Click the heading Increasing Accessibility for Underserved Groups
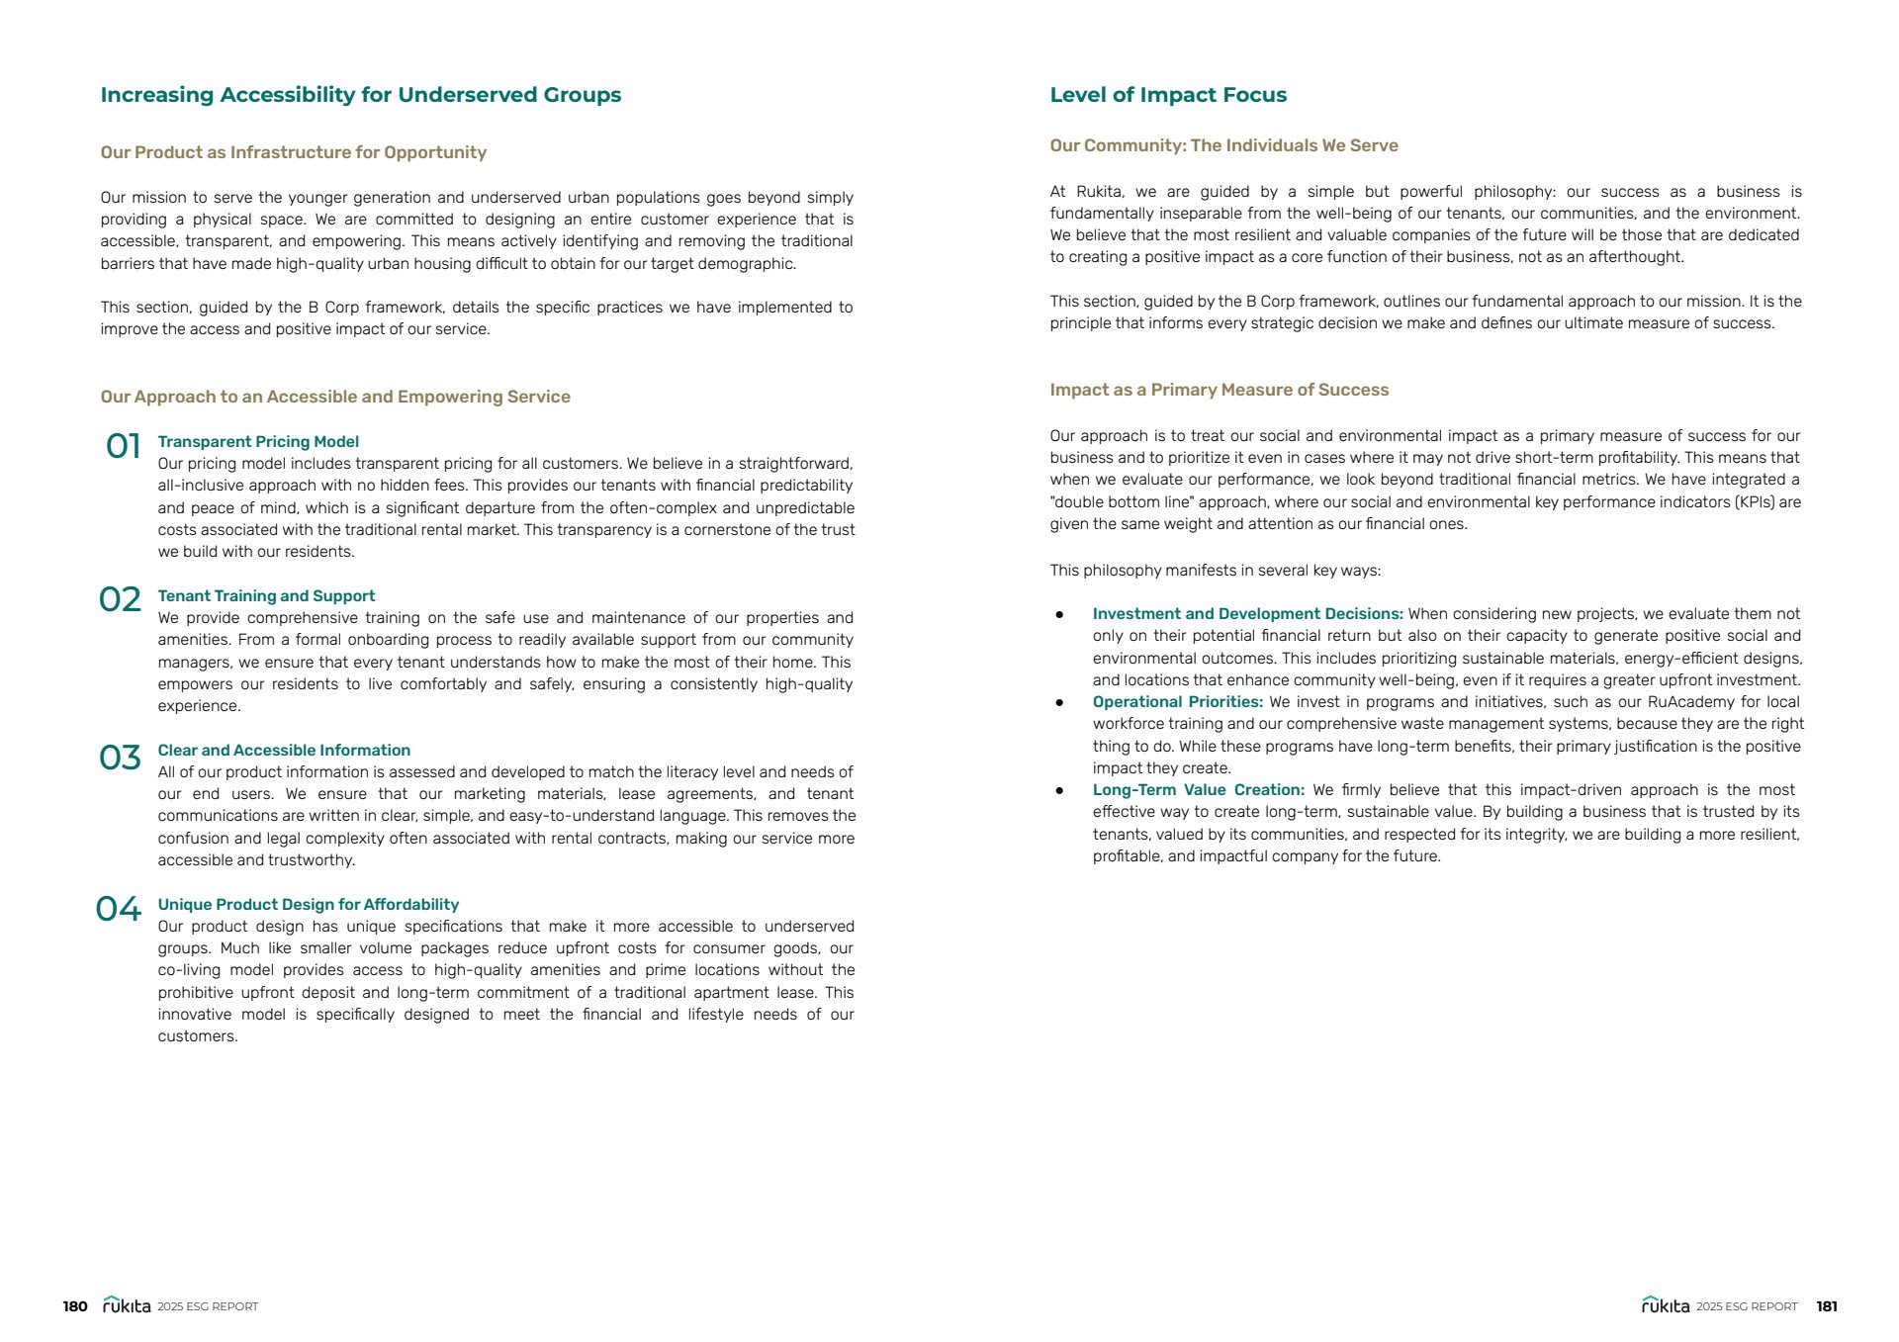pyautogui.click(x=361, y=95)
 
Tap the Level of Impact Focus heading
pyautogui.click(x=1168, y=95)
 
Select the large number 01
pyautogui.click(x=124, y=447)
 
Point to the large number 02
pyautogui.click(x=121, y=599)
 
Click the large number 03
pyautogui.click(x=121, y=758)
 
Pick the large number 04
pyautogui.click(x=119, y=909)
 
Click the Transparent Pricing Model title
pyautogui.click(x=258, y=442)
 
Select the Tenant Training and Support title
pyautogui.click(x=266, y=596)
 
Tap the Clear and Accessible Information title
pyautogui.click(x=284, y=751)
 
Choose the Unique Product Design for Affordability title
pyautogui.click(x=309, y=905)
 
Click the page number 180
pyautogui.click(x=75, y=1306)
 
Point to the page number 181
pyautogui.click(x=1827, y=1306)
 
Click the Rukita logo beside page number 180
pyautogui.click(x=127, y=1305)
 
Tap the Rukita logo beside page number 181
pyautogui.click(x=1666, y=1305)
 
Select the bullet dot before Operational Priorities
pyautogui.click(x=1059, y=702)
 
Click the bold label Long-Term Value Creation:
pyautogui.click(x=1199, y=790)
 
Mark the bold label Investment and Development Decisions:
pyautogui.click(x=1248, y=614)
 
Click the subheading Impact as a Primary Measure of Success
pyautogui.click(x=1220, y=390)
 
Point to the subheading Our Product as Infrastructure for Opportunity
pyautogui.click(x=294, y=152)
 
